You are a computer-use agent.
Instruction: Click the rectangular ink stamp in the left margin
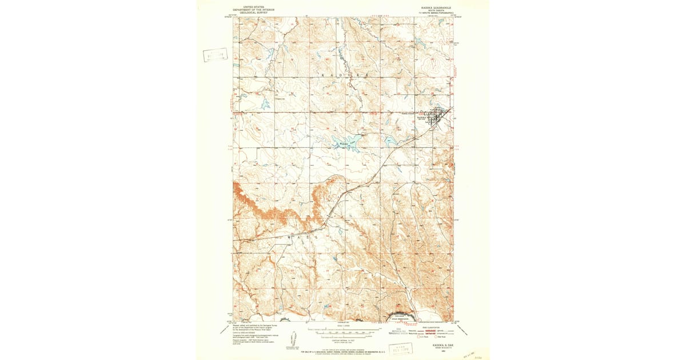214,55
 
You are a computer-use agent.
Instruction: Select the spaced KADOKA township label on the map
343,75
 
